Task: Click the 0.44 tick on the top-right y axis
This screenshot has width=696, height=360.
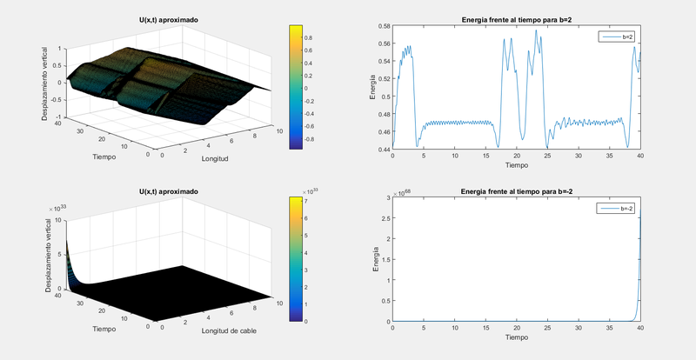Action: coord(384,150)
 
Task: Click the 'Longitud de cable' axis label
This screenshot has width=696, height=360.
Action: coord(231,330)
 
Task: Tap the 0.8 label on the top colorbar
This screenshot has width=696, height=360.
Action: coord(311,37)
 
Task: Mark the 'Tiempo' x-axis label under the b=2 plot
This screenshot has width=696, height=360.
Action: coord(516,164)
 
